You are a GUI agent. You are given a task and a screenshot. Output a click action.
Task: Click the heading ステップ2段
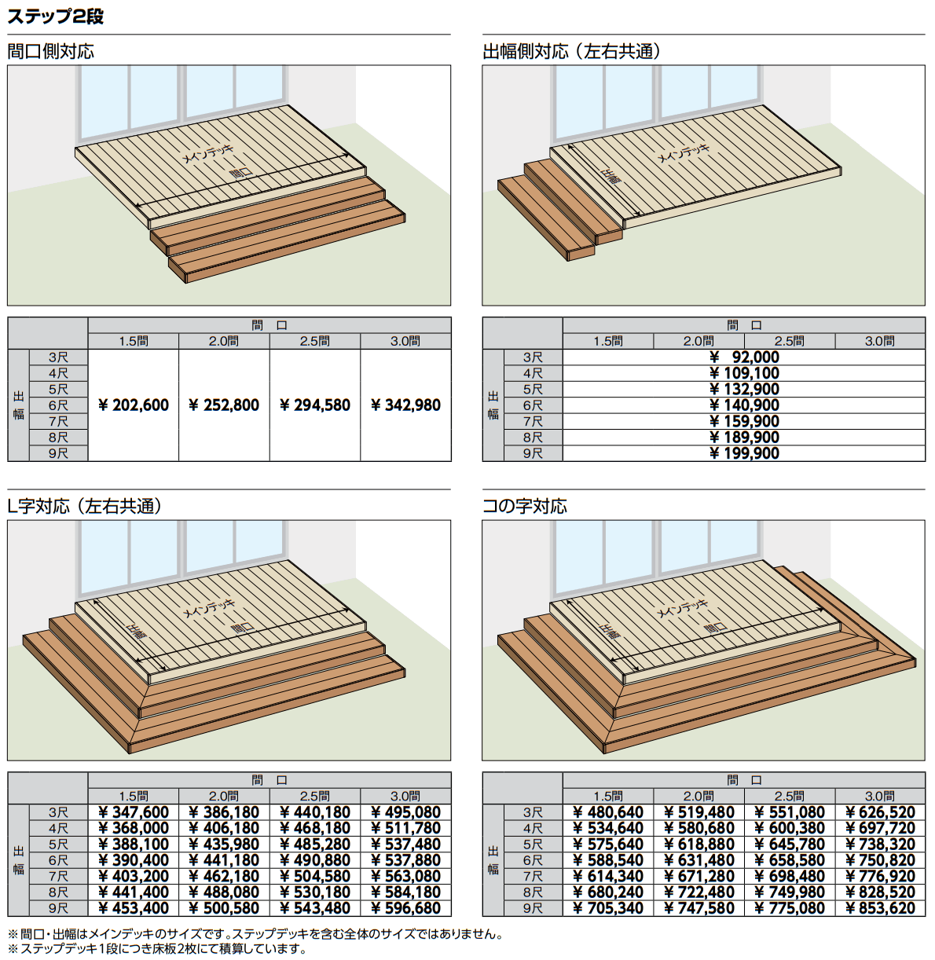coord(55,16)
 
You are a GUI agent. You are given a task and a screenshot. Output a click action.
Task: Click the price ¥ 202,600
coord(134,405)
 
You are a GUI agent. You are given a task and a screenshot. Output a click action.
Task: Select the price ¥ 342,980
coord(405,405)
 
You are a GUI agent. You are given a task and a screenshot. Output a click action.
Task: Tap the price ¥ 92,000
coord(744,357)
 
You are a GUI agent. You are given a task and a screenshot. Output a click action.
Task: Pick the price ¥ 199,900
coord(744,453)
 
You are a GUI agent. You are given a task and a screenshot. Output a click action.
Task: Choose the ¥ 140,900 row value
coord(744,405)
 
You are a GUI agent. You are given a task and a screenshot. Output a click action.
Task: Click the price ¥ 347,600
coord(134,812)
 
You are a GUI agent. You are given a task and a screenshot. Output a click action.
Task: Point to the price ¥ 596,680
coord(405,908)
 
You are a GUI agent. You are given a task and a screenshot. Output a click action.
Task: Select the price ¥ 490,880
coord(315,860)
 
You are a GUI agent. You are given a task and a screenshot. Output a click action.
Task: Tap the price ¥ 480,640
coord(608,812)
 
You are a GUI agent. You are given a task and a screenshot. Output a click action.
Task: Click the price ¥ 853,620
coord(880,908)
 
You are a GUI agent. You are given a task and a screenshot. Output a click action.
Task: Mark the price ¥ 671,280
coord(698,876)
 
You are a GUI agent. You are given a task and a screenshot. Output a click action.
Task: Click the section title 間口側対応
coord(50,51)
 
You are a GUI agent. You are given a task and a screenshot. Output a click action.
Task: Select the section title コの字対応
coord(525,506)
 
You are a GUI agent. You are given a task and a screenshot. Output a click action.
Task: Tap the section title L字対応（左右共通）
coord(85,506)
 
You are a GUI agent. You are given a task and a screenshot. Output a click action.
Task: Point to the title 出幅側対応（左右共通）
coord(572,51)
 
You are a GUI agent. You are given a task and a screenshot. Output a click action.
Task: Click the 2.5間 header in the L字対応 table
coord(315,796)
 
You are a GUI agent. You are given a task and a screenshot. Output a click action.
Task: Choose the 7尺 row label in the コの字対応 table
coord(533,876)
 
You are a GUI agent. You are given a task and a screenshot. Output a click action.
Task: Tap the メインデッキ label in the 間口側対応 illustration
coord(207,153)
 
